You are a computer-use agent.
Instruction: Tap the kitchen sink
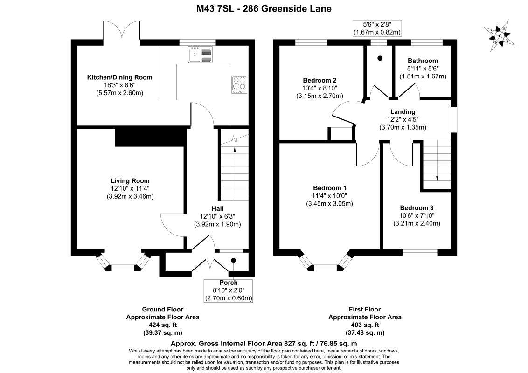coord(200,55)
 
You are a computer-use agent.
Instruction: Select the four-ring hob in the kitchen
coord(239,85)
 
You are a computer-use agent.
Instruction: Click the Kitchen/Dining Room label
coord(120,77)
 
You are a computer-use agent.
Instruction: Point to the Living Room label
coord(130,181)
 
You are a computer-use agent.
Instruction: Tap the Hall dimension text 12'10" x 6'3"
coord(217,216)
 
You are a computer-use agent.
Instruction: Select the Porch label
coord(229,283)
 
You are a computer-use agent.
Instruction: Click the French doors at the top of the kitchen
coord(122,31)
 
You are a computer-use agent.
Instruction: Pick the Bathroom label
coord(423,61)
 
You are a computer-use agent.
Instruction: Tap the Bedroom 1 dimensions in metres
coord(329,204)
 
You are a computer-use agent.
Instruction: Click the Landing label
coord(403,112)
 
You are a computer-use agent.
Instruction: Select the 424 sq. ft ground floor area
coord(163,325)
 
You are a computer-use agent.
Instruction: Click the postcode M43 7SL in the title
coord(208,8)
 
